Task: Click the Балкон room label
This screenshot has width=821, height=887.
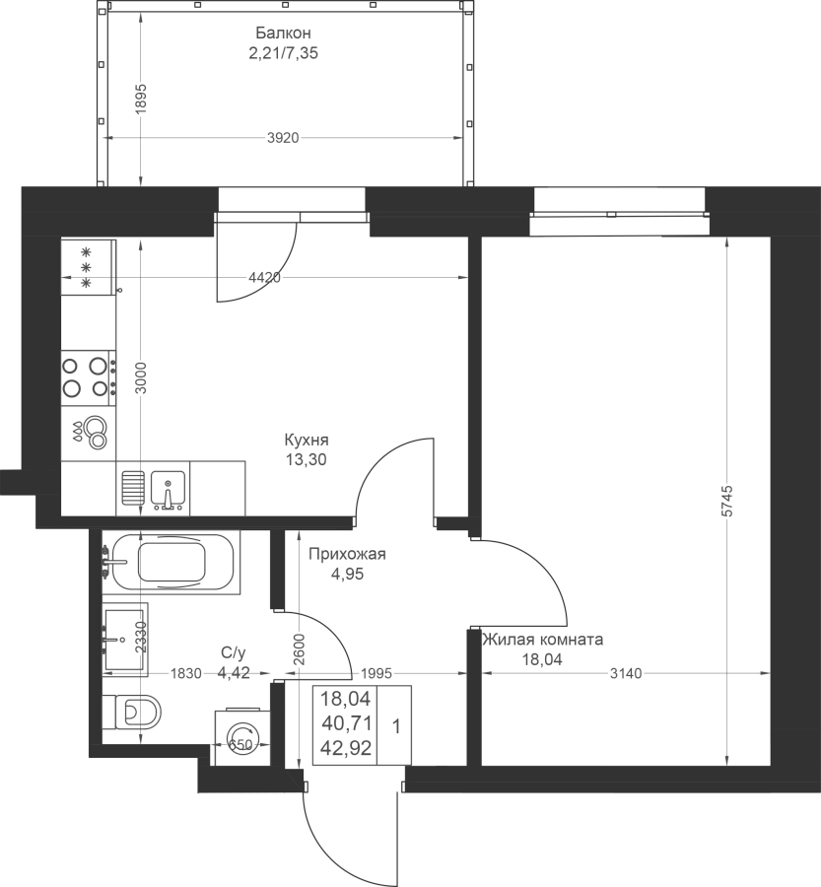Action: [283, 33]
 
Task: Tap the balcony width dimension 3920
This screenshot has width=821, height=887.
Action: [283, 138]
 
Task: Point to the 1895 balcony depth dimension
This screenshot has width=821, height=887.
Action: [141, 99]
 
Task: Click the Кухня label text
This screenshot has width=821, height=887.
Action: [307, 440]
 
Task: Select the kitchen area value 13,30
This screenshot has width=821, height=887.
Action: [307, 460]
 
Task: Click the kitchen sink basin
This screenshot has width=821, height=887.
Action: [167, 488]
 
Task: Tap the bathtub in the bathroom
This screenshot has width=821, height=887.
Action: [173, 562]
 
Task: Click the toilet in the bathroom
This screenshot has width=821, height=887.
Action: [139, 711]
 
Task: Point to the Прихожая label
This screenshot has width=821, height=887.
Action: [347, 554]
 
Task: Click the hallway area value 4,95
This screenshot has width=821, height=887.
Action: [347, 575]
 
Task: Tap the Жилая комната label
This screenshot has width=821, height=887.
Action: [542, 640]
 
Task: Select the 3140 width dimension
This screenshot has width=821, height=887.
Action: [627, 673]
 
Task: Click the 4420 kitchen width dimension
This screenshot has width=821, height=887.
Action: [265, 278]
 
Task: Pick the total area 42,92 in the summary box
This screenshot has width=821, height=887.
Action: [346, 748]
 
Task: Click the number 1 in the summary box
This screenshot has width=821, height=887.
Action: [396, 726]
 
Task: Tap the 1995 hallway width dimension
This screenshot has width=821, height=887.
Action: [376, 673]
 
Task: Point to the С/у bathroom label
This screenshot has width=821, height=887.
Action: [234, 653]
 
